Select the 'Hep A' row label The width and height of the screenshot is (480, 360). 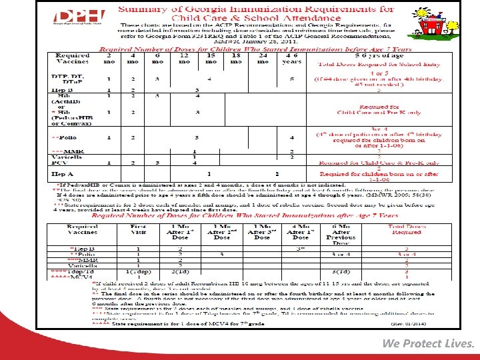[x=61, y=174]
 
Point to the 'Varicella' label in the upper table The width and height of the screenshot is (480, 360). [x=67, y=157]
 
